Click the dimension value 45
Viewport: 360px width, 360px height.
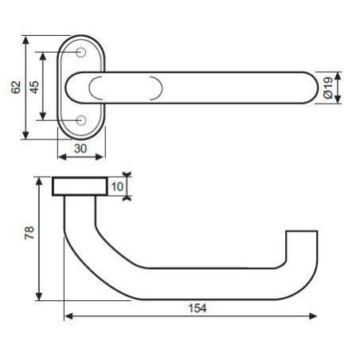[x=33, y=87]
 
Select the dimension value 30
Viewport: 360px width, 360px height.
[x=81, y=148]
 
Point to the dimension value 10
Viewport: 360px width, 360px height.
[x=117, y=187]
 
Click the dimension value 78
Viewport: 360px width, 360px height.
[x=28, y=233]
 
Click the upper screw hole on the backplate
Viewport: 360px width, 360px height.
[x=81, y=53]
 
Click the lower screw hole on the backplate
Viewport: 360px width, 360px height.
[x=81, y=121]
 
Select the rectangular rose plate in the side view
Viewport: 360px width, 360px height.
[x=80, y=186]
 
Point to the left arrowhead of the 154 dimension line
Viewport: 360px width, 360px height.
[x=67, y=317]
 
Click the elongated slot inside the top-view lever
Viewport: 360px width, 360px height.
[x=127, y=88]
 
